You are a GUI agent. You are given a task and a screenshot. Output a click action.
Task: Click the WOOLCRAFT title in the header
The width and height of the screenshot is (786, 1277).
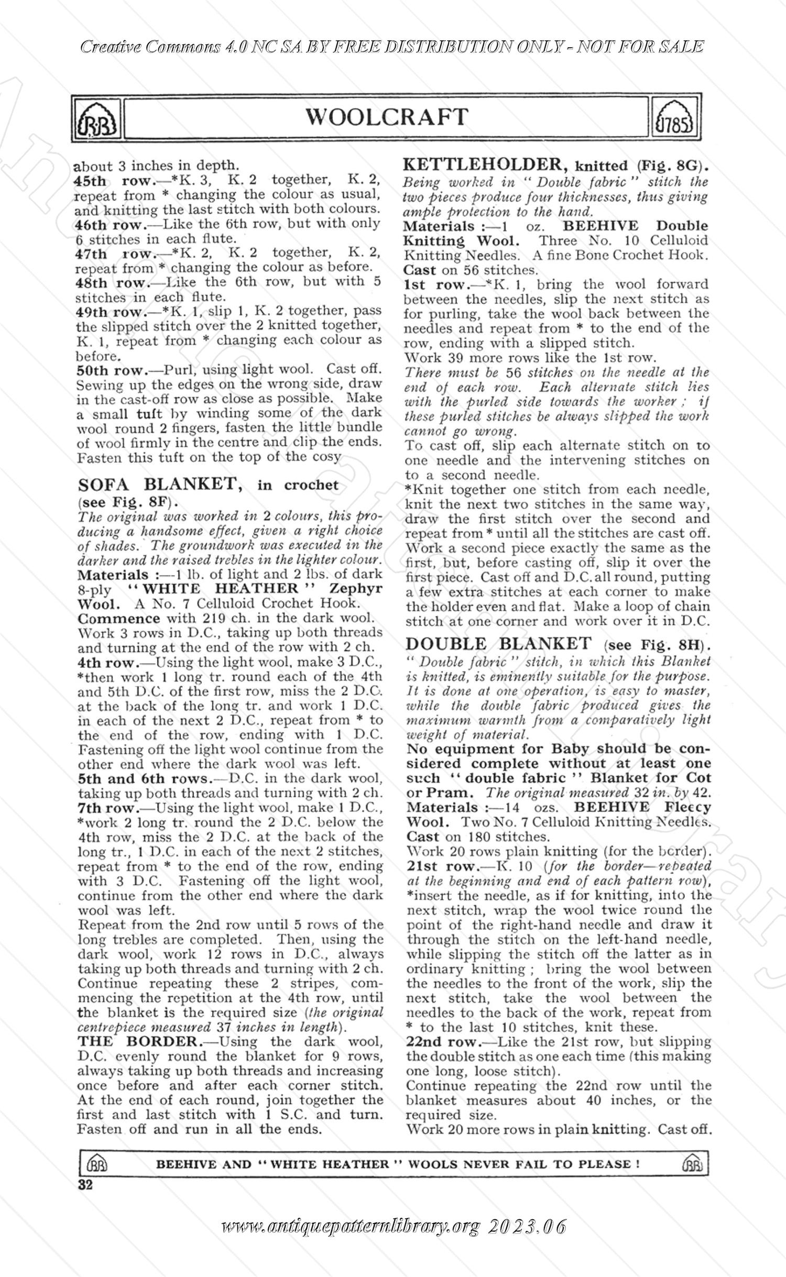click(387, 117)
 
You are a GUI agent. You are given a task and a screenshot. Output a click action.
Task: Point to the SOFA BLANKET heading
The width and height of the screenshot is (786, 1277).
click(160, 484)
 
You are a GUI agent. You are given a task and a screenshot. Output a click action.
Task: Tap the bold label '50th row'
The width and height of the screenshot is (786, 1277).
click(112, 370)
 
